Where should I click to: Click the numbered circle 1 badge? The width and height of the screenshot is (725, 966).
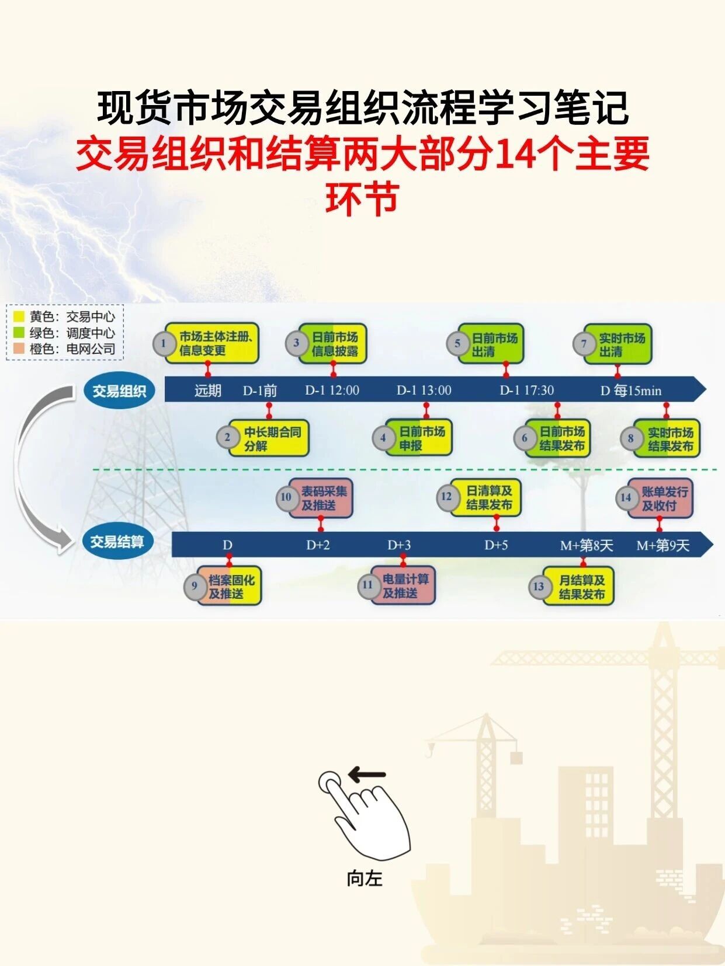click(164, 344)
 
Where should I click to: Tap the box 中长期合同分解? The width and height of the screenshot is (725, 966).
click(269, 438)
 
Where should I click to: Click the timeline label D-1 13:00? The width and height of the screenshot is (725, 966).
click(424, 390)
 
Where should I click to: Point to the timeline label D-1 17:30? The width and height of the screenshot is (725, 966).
click(527, 390)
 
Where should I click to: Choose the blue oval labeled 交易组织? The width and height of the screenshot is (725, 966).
click(119, 391)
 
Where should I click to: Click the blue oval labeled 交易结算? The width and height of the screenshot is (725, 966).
click(117, 542)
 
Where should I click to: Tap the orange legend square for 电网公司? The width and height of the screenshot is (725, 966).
click(19, 348)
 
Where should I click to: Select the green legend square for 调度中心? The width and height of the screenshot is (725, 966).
click(19, 332)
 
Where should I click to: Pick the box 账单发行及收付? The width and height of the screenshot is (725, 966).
click(660, 498)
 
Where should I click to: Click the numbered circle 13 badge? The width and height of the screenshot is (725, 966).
click(539, 587)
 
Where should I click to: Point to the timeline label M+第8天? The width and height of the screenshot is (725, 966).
click(587, 546)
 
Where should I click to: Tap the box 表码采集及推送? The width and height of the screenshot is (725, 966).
click(320, 498)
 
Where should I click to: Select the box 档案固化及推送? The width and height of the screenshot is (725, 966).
click(228, 586)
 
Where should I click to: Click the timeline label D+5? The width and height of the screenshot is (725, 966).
click(496, 545)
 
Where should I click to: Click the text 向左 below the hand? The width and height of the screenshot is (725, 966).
click(365, 878)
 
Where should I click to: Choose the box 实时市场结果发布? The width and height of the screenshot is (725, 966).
click(667, 438)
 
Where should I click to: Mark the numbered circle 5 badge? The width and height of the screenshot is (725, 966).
click(457, 344)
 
